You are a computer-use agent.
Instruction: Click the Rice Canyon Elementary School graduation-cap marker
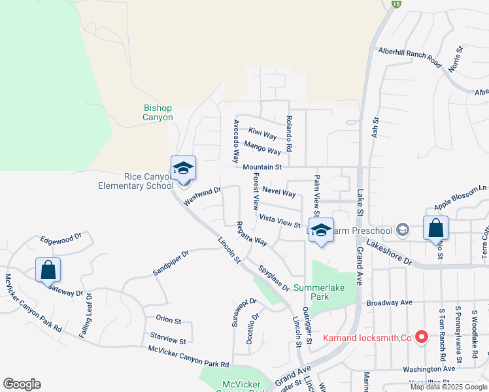click(x=183, y=169)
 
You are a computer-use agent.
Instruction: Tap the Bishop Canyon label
click(x=158, y=112)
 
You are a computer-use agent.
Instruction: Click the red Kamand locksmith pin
click(x=422, y=337)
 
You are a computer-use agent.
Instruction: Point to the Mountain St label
click(x=261, y=167)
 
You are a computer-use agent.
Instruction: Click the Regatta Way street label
click(x=252, y=233)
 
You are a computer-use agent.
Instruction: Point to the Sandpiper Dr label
click(x=170, y=262)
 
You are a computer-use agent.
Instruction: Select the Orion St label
click(x=168, y=319)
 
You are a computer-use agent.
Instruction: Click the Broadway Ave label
click(x=390, y=302)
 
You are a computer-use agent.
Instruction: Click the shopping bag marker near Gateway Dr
click(x=48, y=269)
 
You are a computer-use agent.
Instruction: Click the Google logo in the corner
click(x=22, y=384)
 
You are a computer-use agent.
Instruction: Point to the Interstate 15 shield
click(x=396, y=4)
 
